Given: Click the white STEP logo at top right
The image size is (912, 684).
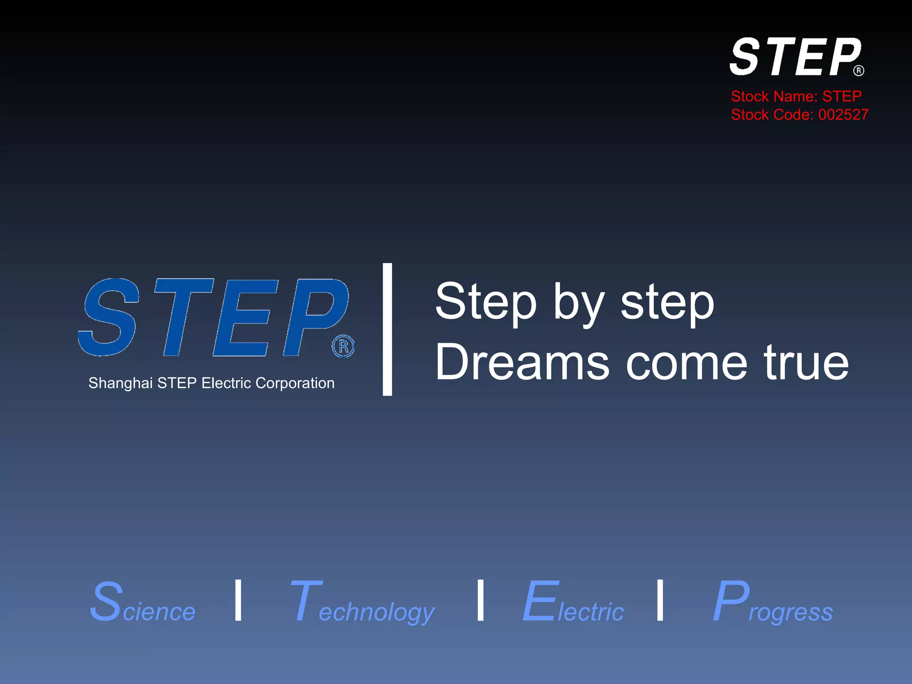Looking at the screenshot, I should [795, 57].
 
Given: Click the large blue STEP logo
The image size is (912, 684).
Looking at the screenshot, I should [214, 317].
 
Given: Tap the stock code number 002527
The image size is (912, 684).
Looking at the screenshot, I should [843, 115].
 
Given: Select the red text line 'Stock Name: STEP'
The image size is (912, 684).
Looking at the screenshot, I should [796, 96].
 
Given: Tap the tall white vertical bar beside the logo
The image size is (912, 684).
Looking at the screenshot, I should [387, 329].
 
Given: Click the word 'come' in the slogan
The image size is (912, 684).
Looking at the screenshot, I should [686, 363].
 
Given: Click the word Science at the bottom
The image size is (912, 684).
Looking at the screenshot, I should [142, 603].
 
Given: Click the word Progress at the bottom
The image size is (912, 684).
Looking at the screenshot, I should [772, 604].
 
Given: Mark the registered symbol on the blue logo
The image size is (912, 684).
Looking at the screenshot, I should [343, 346].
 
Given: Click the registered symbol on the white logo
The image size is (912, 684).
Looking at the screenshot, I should [859, 71].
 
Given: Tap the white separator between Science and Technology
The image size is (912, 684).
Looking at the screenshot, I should [238, 600].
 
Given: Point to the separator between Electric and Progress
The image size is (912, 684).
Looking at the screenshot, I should [660, 600].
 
